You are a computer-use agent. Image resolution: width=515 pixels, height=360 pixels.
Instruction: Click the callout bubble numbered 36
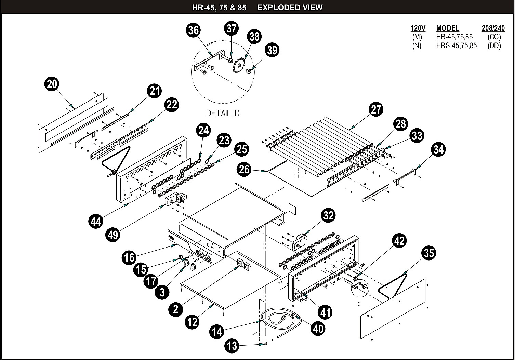coord(193,30)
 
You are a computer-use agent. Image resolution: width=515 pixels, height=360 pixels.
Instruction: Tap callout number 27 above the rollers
coord(376,109)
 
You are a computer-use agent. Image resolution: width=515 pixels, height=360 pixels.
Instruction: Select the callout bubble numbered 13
coord(232,346)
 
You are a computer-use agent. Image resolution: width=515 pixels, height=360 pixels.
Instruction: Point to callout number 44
coord(96,222)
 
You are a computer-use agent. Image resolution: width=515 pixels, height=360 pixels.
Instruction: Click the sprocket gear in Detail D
coord(239,65)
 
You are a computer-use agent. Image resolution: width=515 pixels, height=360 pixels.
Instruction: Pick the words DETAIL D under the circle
coord(223,113)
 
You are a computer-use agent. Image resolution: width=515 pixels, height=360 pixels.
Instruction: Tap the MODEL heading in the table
coord(448,28)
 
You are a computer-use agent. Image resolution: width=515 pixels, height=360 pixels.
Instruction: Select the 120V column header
coord(418,28)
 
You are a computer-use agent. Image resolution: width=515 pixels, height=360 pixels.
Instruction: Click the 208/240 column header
coord(493,28)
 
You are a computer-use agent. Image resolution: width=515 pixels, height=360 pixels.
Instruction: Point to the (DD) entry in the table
coord(494,45)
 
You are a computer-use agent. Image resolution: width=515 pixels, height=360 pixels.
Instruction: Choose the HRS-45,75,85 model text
coord(457,45)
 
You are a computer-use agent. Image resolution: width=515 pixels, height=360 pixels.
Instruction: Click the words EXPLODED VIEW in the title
coord(290,8)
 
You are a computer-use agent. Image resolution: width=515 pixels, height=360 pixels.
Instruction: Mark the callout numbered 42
coord(399,240)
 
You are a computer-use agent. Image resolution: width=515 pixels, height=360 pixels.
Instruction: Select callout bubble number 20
coord(52,84)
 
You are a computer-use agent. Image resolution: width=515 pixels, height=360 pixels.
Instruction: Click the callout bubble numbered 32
coord(328,215)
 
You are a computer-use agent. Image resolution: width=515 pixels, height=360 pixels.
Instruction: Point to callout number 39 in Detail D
coord(272,50)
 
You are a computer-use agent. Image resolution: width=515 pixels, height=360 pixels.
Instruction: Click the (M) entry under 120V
coord(417,37)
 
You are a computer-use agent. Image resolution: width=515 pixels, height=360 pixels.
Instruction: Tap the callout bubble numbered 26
coord(244,169)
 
